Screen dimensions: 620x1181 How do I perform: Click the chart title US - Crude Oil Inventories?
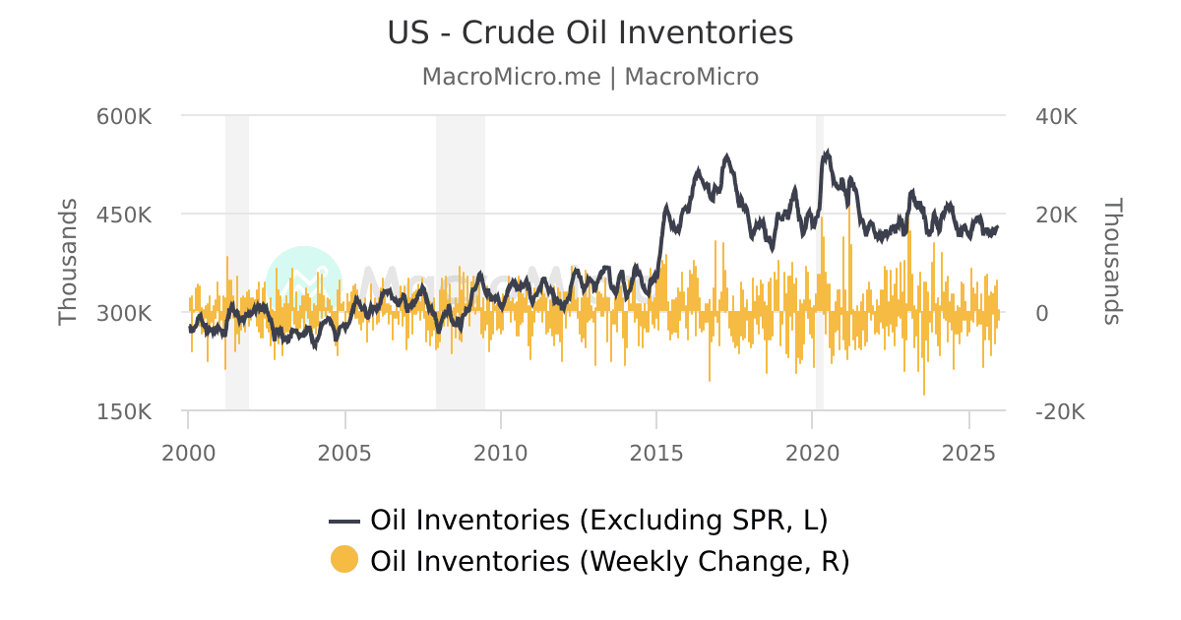(590, 32)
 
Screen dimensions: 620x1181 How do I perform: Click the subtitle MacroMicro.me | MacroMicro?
(590, 77)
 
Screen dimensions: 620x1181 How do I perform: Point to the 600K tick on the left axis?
(124, 116)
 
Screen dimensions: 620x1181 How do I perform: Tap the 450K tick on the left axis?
(124, 215)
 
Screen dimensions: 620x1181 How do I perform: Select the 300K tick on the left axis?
(124, 313)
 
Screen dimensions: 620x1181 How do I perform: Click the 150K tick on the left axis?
(124, 411)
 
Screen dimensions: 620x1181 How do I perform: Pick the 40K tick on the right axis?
(1056, 116)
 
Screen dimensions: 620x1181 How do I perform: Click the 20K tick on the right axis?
(1056, 215)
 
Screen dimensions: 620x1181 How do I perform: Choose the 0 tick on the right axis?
(1041, 313)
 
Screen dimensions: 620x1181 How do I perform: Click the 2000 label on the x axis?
(188, 453)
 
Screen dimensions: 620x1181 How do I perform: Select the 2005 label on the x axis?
(344, 453)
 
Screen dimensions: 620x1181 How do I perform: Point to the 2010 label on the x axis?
(501, 453)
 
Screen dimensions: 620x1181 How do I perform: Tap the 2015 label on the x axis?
(656, 453)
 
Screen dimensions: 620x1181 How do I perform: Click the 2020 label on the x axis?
(813, 453)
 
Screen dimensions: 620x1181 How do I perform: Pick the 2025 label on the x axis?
(969, 453)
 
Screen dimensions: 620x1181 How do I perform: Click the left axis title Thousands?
(67, 262)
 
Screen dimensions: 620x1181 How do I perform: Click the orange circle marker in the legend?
(344, 560)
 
